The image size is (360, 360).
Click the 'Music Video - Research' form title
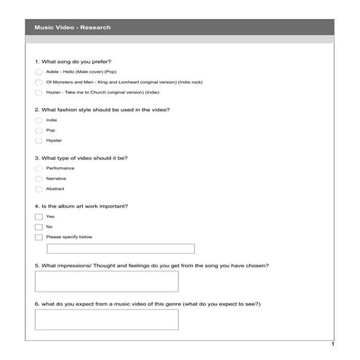pyautogui.click(x=73, y=28)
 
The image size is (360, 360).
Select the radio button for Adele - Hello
pyautogui.click(x=39, y=73)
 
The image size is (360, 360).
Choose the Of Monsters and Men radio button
pyautogui.click(x=39, y=82)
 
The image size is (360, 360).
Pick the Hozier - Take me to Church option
pyautogui.click(x=39, y=92)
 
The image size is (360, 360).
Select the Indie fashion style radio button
pyautogui.click(x=39, y=120)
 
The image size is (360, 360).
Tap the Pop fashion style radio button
pyautogui.click(x=39, y=130)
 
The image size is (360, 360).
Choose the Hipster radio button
pyautogui.click(x=39, y=140)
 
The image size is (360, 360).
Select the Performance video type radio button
pyautogui.click(x=39, y=168)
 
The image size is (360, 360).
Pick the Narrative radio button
pyautogui.click(x=39, y=178)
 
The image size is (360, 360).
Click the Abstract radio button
pyautogui.click(x=39, y=188)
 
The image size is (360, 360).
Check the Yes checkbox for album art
pyautogui.click(x=39, y=217)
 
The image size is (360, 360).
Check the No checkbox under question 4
pyautogui.click(x=39, y=227)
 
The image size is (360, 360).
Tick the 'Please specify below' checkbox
pyautogui.click(x=39, y=237)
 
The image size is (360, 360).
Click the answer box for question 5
pyautogui.click(x=106, y=281)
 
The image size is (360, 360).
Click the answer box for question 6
pyautogui.click(x=106, y=319)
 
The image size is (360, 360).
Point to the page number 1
pyautogui.click(x=332, y=343)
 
